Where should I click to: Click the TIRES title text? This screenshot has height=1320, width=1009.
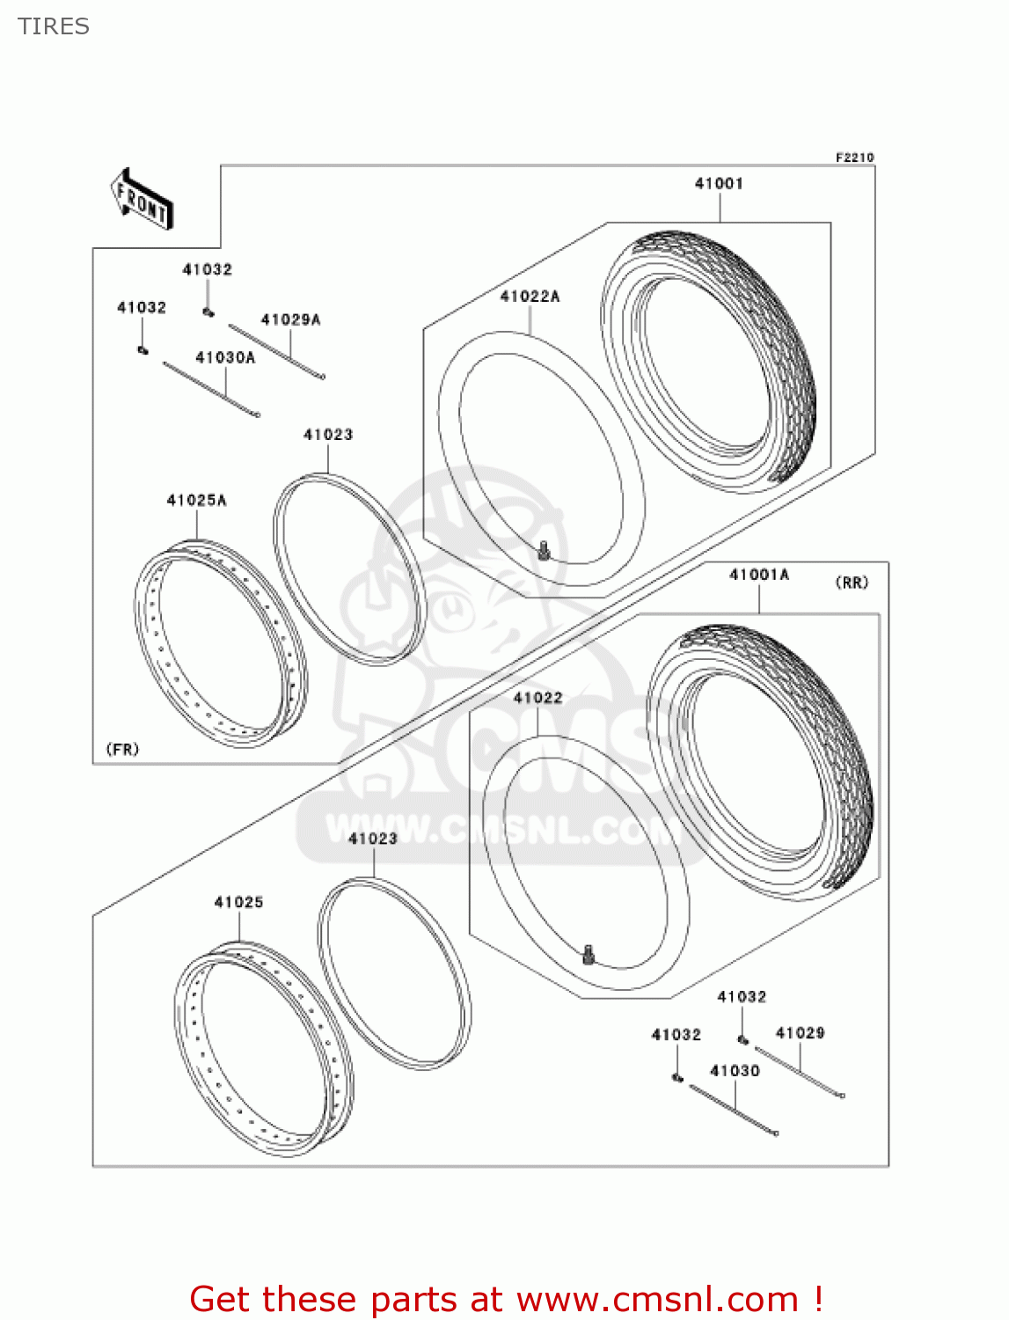tap(54, 26)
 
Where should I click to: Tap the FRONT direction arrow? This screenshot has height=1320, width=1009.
tap(142, 199)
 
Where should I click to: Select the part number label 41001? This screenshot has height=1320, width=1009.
tap(719, 183)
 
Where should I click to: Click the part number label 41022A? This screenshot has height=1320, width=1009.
tap(530, 297)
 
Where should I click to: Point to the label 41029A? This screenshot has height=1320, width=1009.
tap(290, 319)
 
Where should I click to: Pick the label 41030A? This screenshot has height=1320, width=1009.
tap(225, 357)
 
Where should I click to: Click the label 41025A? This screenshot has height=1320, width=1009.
tap(196, 500)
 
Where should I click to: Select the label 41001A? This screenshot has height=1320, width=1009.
tap(759, 575)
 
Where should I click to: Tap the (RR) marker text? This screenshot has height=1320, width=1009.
tap(851, 583)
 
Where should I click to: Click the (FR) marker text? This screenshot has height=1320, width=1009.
tap(122, 749)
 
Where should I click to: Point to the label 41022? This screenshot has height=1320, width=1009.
tap(537, 698)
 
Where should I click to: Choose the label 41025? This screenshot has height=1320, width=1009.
tap(238, 902)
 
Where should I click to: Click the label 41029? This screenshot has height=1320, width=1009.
tap(800, 1032)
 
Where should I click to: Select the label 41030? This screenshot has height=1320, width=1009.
tap(735, 1070)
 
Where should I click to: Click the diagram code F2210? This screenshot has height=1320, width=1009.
tap(854, 158)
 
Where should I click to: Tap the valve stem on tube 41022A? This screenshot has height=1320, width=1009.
tap(544, 552)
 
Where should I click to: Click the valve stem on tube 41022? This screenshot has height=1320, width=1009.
tap(589, 953)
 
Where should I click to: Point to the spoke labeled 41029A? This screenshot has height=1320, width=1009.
tap(276, 351)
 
